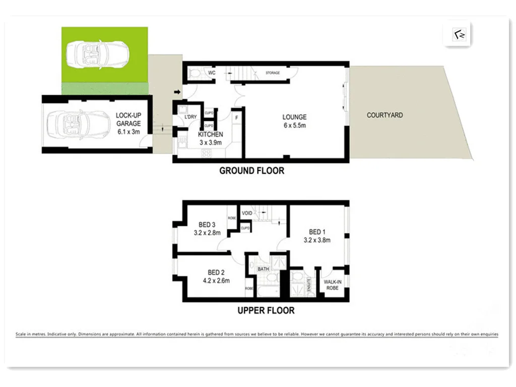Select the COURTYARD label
384,115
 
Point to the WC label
212,73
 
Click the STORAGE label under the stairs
273,74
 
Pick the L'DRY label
190,117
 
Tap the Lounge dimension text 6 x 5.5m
294,125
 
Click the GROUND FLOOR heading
251,171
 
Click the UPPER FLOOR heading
266,310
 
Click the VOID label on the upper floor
247,213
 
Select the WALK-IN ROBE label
331,285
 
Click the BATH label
264,269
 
